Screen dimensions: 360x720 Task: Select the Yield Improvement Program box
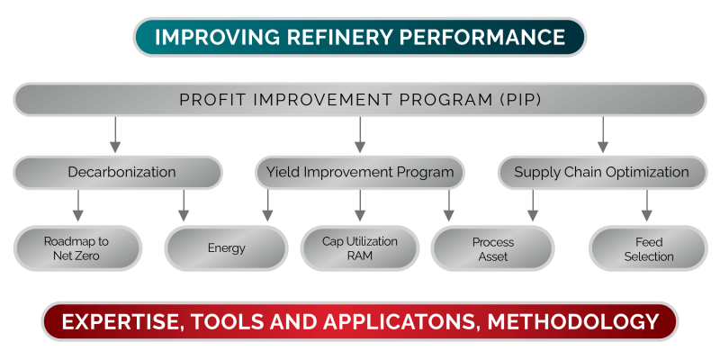(360, 172)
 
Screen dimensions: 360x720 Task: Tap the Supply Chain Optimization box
(601, 172)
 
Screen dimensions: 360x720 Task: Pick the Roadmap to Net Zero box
(77, 248)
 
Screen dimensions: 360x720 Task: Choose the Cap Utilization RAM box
(359, 248)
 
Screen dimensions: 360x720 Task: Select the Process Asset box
(492, 248)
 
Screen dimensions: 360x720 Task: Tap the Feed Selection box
(648, 248)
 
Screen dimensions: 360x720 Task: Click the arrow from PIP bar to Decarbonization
(114, 135)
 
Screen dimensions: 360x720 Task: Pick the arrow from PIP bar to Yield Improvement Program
(360, 135)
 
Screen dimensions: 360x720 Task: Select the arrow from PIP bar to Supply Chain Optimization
(602, 135)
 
